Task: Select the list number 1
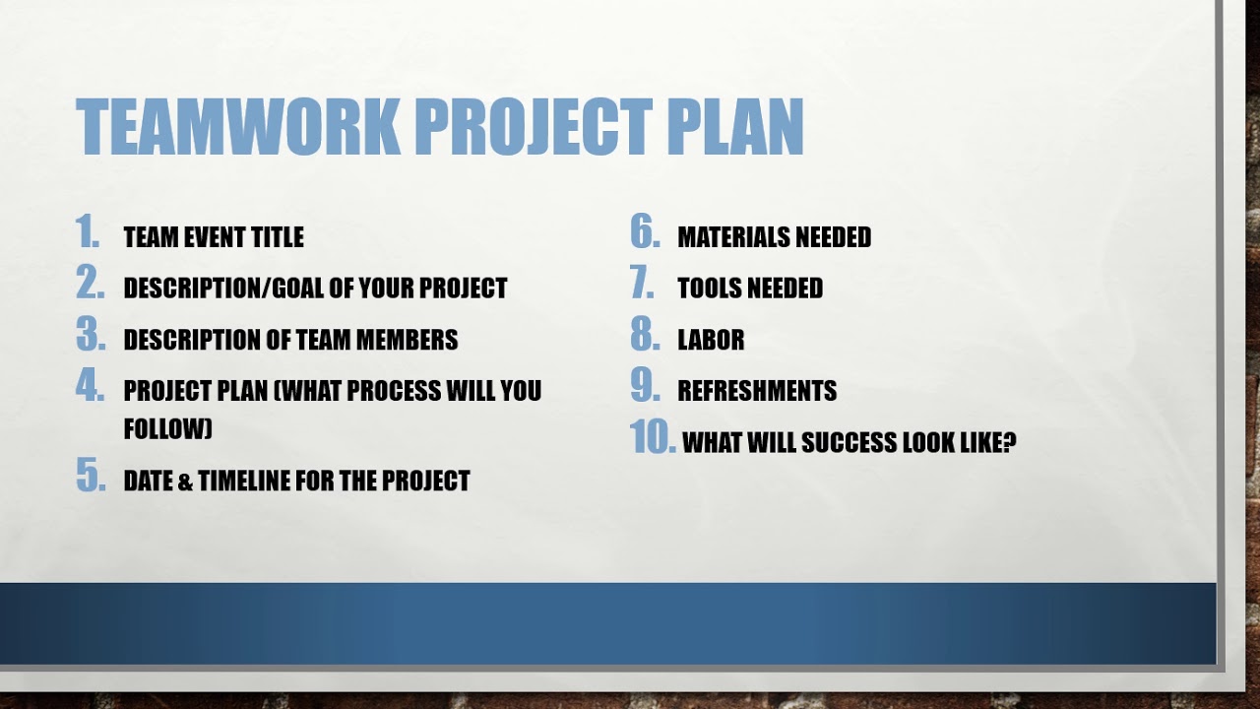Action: [88, 233]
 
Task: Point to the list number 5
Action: [90, 477]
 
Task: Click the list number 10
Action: [653, 438]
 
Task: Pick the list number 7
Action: [643, 285]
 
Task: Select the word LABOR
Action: [711, 340]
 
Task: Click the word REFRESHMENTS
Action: [757, 391]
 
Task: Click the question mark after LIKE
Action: [1009, 443]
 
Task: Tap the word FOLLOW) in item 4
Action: [167, 429]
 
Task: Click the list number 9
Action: [645, 387]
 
